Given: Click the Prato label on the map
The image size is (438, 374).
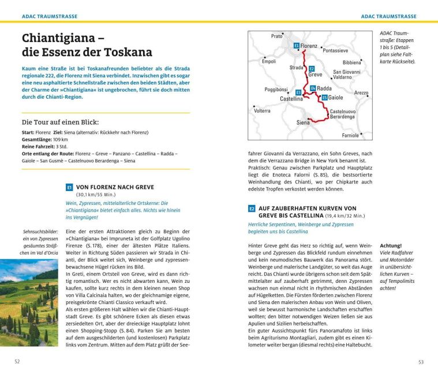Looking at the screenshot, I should (277, 36).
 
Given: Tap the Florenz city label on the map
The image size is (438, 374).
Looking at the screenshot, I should (309, 46).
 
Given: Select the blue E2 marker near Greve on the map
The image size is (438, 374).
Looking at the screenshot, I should (312, 68).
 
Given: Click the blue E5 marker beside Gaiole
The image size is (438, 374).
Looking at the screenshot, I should (324, 98).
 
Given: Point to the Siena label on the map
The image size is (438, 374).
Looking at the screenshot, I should (303, 122).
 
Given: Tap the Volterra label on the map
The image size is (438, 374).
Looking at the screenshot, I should (262, 110).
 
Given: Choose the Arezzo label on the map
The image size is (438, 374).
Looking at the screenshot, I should (361, 92).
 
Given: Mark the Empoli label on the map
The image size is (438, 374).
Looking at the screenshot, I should (269, 61).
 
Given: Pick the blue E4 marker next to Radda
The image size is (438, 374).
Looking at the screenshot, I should (313, 88).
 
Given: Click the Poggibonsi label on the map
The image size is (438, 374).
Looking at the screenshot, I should (276, 89).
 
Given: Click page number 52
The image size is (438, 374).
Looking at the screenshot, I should (18, 362).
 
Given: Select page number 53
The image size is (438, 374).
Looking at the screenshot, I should (420, 362).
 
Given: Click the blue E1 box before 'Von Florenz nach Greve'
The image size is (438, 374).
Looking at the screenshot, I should (69, 187).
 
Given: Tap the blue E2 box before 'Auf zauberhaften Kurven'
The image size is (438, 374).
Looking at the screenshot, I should (252, 208).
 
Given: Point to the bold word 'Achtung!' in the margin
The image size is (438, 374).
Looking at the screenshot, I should (391, 245).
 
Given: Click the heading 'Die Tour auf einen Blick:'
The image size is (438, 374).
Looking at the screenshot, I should (60, 122).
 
